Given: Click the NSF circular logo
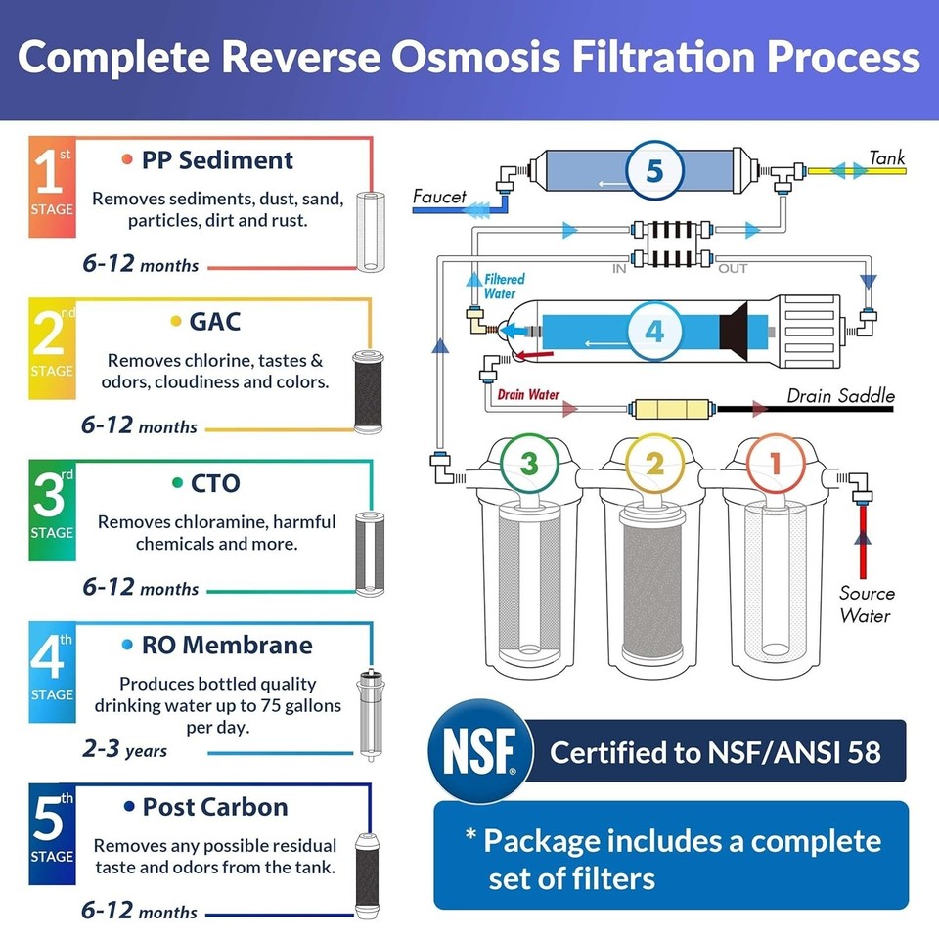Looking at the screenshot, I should point(480,752).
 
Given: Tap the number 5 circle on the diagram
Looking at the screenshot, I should point(653,169).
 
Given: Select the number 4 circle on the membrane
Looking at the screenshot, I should point(653,330).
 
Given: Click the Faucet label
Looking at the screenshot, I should point(439,197).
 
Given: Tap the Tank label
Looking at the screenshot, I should point(887,156).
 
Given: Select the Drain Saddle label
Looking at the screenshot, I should point(840,396).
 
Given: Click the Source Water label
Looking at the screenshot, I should point(866,604).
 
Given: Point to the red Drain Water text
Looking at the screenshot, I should point(528,395).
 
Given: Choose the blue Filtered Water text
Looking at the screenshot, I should point(505,286).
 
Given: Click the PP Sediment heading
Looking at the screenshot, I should point(217,159).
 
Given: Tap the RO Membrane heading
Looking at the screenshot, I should point(227,645).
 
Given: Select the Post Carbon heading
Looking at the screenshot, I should point(215,807).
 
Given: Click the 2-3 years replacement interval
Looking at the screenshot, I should point(124,750).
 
